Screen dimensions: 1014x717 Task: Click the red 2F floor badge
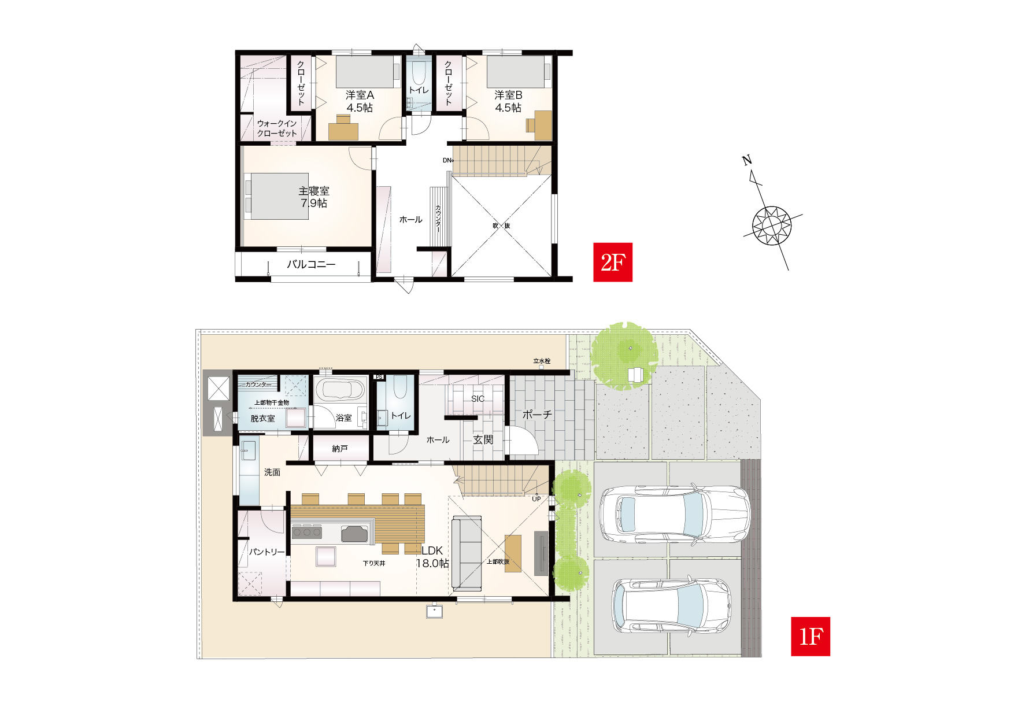pyautogui.click(x=613, y=262)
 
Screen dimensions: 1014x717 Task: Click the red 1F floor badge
pyautogui.click(x=811, y=636)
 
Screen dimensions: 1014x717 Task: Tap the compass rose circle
pyautogui.click(x=772, y=226)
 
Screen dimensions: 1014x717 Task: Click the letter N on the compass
pyautogui.click(x=747, y=160)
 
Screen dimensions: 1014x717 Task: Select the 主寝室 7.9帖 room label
pyautogui.click(x=314, y=197)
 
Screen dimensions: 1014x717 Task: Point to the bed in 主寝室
pyautogui.click(x=277, y=196)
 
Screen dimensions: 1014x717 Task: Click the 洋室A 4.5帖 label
pyautogui.click(x=360, y=101)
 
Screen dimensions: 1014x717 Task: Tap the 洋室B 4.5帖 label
pyautogui.click(x=508, y=101)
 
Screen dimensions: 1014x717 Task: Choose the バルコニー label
pyautogui.click(x=311, y=264)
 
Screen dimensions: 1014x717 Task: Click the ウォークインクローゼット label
pyautogui.click(x=277, y=128)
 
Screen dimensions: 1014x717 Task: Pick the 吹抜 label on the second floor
pyautogui.click(x=501, y=226)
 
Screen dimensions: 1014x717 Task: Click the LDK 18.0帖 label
pyautogui.click(x=432, y=557)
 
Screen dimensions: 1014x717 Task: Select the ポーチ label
pyautogui.click(x=537, y=415)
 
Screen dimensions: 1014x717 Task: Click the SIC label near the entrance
pyautogui.click(x=478, y=399)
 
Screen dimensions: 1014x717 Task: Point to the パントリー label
pyautogui.click(x=267, y=552)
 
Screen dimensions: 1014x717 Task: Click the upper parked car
pyautogui.click(x=675, y=514)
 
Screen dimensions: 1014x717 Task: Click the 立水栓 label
pyautogui.click(x=542, y=361)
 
